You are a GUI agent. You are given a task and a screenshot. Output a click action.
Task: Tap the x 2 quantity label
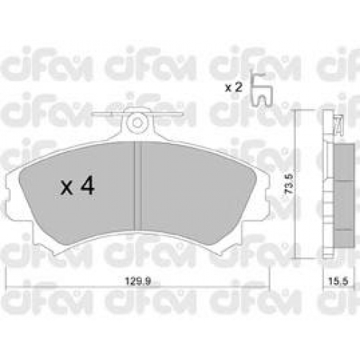pyautogui.click(x=233, y=88)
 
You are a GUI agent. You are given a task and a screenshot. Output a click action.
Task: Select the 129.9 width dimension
pyautogui.click(x=138, y=281)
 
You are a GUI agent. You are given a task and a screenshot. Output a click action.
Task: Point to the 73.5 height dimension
pyautogui.click(x=289, y=184)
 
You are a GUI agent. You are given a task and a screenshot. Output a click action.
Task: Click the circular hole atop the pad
pyautogui.click(x=138, y=123)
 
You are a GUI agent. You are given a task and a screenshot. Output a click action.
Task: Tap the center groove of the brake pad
pyautogui.click(x=138, y=186)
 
